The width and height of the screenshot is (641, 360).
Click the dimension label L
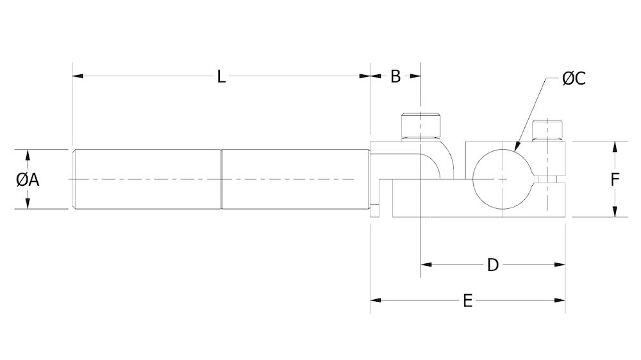tap(221, 77)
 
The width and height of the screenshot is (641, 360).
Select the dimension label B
tap(395, 77)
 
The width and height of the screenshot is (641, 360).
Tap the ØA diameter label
tap(28, 180)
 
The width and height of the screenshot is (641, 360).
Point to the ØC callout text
tap(574, 79)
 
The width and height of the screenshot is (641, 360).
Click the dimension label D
tap(492, 265)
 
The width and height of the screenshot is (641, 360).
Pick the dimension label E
tap(468, 300)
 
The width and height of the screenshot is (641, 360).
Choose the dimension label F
tap(614, 180)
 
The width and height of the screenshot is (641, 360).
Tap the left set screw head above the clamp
tap(420, 126)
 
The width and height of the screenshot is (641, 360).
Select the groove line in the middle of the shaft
tap(222, 179)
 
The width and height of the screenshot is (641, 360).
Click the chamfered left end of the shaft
tap(74, 179)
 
